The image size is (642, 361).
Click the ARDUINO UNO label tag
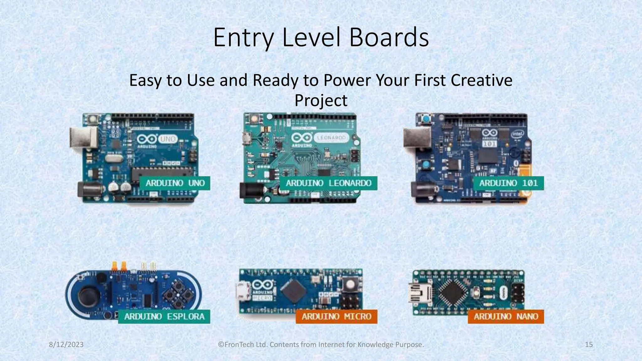pyautogui.click(x=175, y=183)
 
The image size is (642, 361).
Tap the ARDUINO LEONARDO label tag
pyautogui.click(x=328, y=183)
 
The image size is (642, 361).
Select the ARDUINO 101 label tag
pyautogui.click(x=508, y=183)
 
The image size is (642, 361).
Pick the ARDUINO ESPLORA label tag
pyautogui.click(x=164, y=317)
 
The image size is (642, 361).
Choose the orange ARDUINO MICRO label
pyautogui.click(x=336, y=317)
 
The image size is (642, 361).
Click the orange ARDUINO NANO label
pyautogui.click(x=506, y=317)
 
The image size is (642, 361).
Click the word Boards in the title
pyautogui.click(x=389, y=38)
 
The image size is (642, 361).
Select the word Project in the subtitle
pyautogui.click(x=321, y=100)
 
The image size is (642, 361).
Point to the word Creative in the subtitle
pyautogui.click(x=481, y=80)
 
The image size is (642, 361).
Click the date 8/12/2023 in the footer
pyautogui.click(x=66, y=345)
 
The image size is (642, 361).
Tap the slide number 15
pyautogui.click(x=589, y=345)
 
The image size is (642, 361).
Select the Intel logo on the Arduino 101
pyautogui.click(x=517, y=134)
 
